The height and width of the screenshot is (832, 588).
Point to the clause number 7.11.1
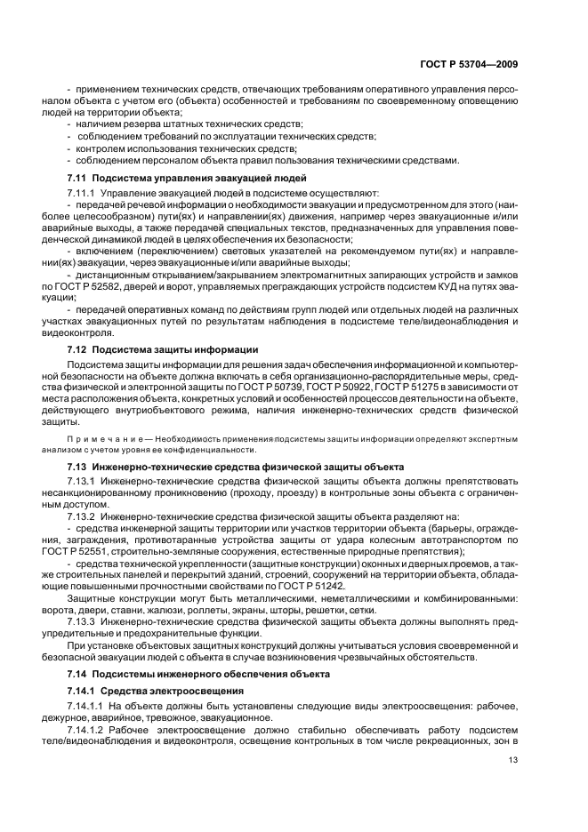coord(81,193)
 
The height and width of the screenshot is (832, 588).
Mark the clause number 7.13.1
coord(81,481)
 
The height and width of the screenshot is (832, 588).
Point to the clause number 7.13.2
coord(81,516)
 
